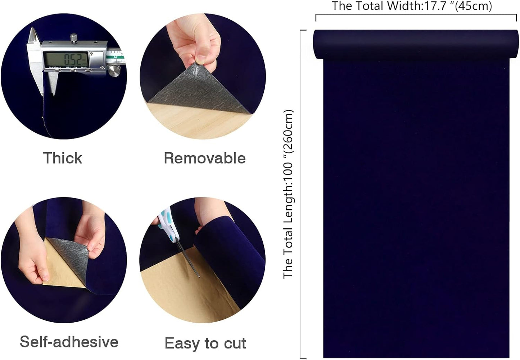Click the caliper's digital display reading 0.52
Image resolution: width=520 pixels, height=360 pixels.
click(x=66, y=59)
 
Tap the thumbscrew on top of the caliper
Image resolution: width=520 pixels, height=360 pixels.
click(x=73, y=38)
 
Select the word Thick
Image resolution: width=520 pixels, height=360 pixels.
click(x=63, y=158)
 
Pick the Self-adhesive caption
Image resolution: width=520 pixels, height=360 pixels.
click(x=69, y=342)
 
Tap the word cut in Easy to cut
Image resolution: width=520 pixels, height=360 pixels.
click(x=235, y=343)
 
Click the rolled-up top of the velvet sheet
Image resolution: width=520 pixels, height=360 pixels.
click(x=416, y=44)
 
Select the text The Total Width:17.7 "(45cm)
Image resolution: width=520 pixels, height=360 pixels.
click(x=412, y=6)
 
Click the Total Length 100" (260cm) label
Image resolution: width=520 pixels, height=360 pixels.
click(x=289, y=194)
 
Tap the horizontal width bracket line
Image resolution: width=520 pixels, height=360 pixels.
click(x=416, y=15)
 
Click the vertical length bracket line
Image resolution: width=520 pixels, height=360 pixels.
click(x=300, y=194)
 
